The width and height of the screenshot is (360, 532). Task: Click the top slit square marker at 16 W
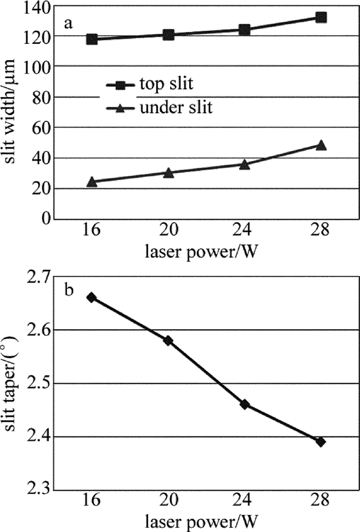pyautogui.click(x=92, y=39)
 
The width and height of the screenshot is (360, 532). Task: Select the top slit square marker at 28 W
pyautogui.click(x=321, y=17)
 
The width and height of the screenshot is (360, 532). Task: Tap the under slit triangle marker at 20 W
pyautogui.click(x=169, y=172)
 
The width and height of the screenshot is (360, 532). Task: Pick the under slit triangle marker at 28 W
pyautogui.click(x=321, y=145)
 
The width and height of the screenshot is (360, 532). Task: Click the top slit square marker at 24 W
pyautogui.click(x=245, y=30)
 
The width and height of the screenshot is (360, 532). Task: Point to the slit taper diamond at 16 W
pyautogui.click(x=92, y=297)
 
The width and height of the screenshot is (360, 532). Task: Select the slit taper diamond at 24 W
pyautogui.click(x=245, y=404)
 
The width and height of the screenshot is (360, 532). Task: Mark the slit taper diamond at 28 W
pyautogui.click(x=321, y=441)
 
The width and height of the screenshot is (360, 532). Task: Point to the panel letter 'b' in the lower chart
pyautogui.click(x=68, y=291)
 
